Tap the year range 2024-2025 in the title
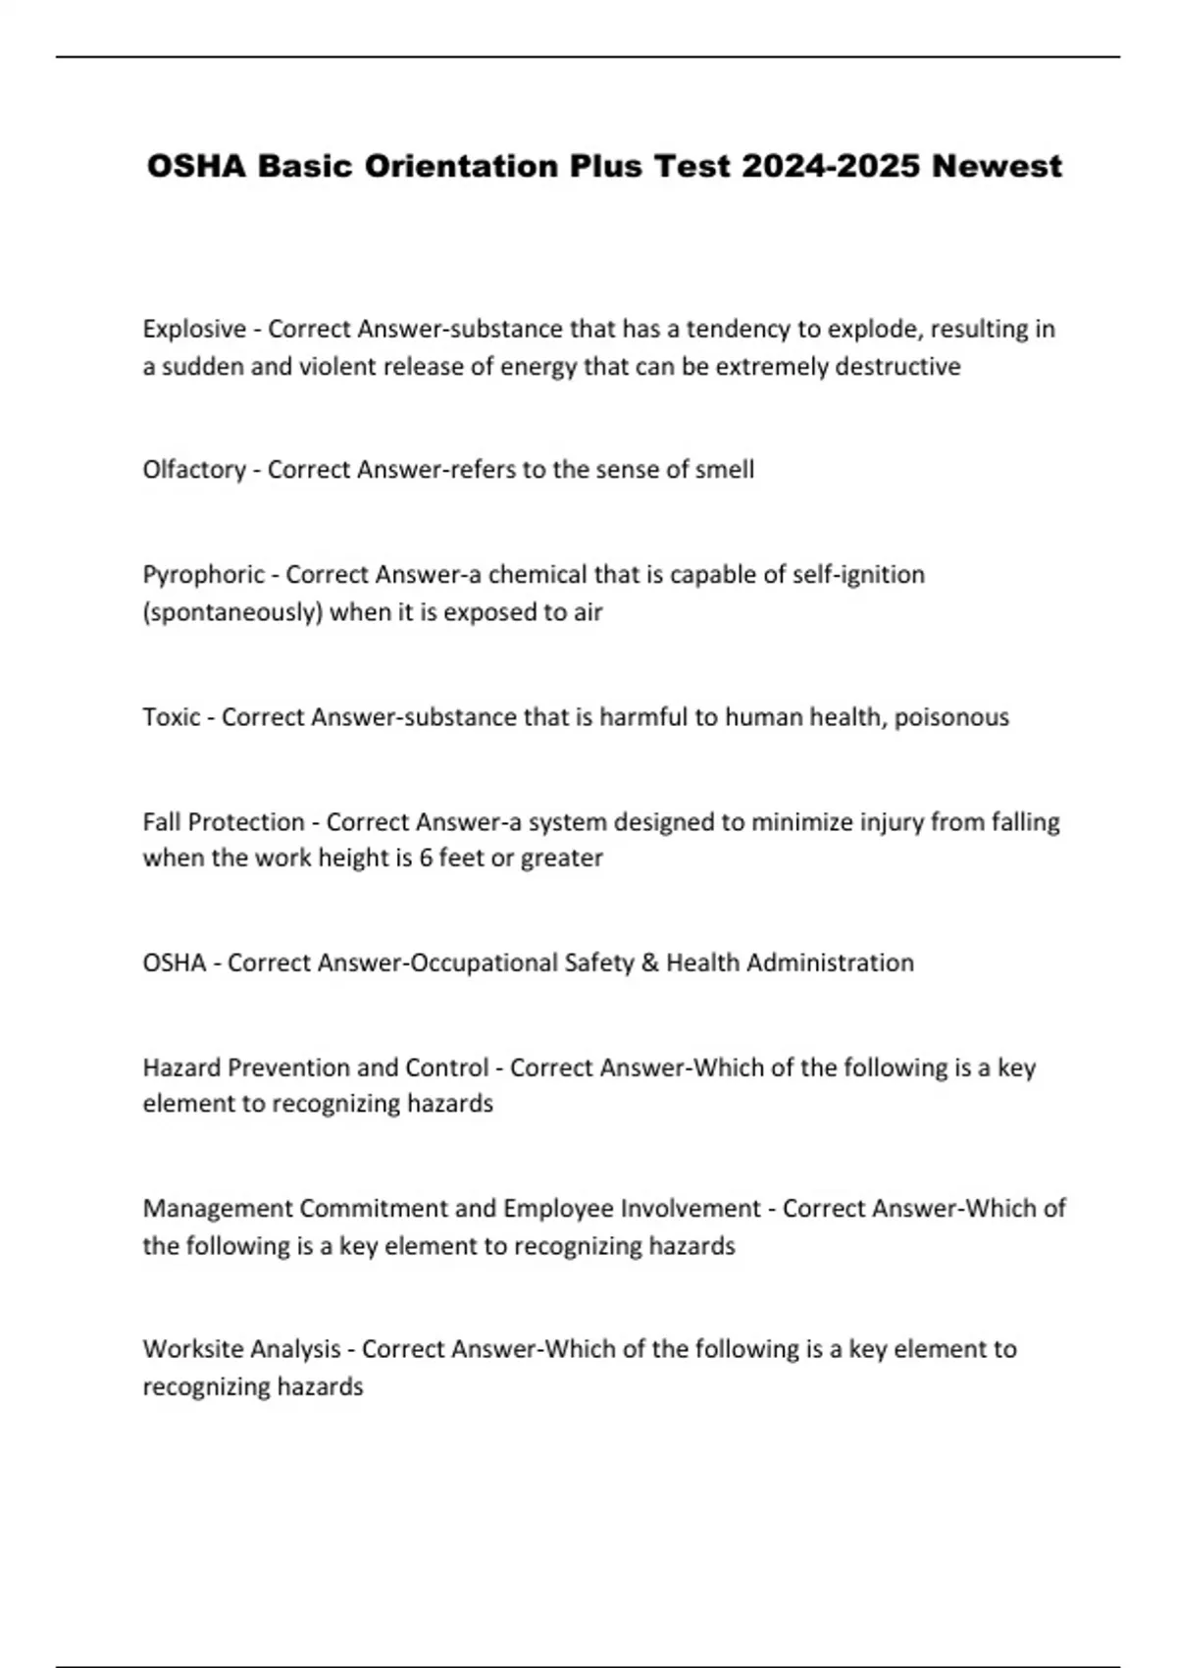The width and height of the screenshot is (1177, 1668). pyautogui.click(x=830, y=166)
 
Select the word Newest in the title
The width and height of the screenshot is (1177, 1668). pyautogui.click(x=997, y=166)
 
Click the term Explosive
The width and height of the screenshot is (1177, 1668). pyautogui.click(x=194, y=329)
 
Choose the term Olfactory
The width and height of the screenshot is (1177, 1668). pyautogui.click(x=194, y=469)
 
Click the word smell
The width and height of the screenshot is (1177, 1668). pyautogui.click(x=724, y=469)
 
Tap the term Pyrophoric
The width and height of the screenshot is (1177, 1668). pyautogui.click(x=204, y=574)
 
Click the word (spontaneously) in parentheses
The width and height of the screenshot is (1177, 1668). pyautogui.click(x=232, y=612)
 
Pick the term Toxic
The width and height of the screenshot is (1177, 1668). pyautogui.click(x=172, y=717)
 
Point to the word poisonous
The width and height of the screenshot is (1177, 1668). pyautogui.click(x=950, y=717)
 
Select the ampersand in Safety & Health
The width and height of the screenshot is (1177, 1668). pyautogui.click(x=649, y=963)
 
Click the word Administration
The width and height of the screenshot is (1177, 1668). pyautogui.click(x=830, y=963)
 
